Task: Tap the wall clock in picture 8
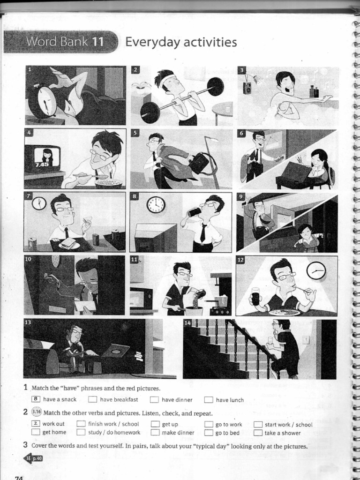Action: coord(156,204)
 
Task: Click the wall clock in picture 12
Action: coord(316,270)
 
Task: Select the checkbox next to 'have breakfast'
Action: coord(93,400)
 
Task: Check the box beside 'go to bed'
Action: coord(209,433)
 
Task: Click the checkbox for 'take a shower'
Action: coord(258,433)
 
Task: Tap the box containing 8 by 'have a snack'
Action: coord(35,399)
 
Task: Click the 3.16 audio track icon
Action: coord(36,412)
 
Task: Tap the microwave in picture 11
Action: coord(141,299)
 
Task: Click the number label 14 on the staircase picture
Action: coord(187,323)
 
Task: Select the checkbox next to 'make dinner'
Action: coord(155,433)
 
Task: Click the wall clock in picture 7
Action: coord(39,203)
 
